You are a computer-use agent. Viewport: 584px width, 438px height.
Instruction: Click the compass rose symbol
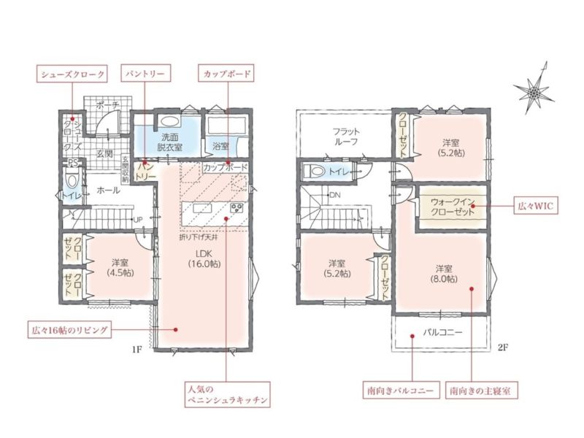tap(534, 91)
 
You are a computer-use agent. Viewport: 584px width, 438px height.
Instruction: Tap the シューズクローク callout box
tap(72, 74)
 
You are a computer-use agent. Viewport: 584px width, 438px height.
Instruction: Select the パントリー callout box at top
tap(145, 74)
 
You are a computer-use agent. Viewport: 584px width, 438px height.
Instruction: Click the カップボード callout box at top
tap(227, 74)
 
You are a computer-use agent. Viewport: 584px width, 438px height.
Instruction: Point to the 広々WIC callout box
tap(536, 205)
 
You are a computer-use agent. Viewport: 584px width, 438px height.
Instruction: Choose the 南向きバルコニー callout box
tap(400, 391)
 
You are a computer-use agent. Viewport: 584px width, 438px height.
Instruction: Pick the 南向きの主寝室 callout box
tap(481, 391)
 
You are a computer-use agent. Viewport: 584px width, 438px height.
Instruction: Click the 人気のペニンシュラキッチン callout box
tap(227, 394)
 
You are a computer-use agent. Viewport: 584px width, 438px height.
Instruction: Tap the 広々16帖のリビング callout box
tap(69, 330)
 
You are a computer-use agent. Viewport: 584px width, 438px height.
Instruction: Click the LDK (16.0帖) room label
tap(204, 258)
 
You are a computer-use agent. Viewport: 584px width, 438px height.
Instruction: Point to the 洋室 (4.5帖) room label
tap(120, 267)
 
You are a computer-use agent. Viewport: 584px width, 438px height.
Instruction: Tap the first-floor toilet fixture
tap(71, 180)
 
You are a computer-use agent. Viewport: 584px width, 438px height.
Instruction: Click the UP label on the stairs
tap(137, 220)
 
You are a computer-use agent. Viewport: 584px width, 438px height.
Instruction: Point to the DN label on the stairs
tap(335, 195)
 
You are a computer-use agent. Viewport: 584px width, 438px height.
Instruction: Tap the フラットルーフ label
tap(346, 137)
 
